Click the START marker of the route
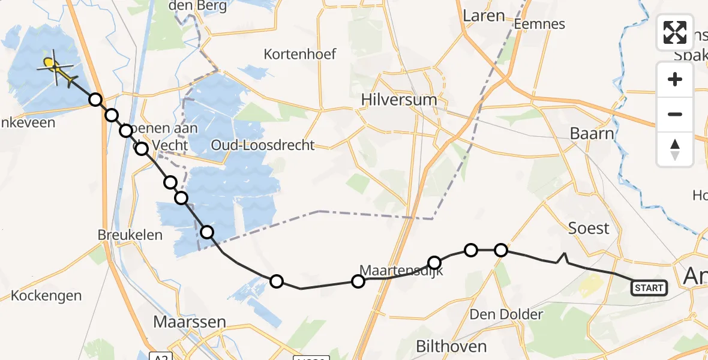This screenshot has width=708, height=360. (x=649, y=289)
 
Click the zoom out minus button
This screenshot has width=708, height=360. (x=675, y=114)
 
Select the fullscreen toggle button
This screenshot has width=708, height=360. (x=675, y=32)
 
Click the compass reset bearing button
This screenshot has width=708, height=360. (x=675, y=149)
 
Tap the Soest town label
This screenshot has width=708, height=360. (x=589, y=229)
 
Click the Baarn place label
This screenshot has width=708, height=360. (x=592, y=134)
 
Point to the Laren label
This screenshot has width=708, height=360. (x=484, y=16)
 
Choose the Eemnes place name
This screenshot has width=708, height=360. (x=540, y=25)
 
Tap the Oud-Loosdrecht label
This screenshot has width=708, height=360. (x=263, y=145)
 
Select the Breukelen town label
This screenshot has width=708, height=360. (x=130, y=235)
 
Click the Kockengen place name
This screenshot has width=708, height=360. (x=46, y=296)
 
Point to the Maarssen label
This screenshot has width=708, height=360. (x=190, y=322)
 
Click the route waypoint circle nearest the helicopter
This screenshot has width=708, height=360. (x=95, y=100)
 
